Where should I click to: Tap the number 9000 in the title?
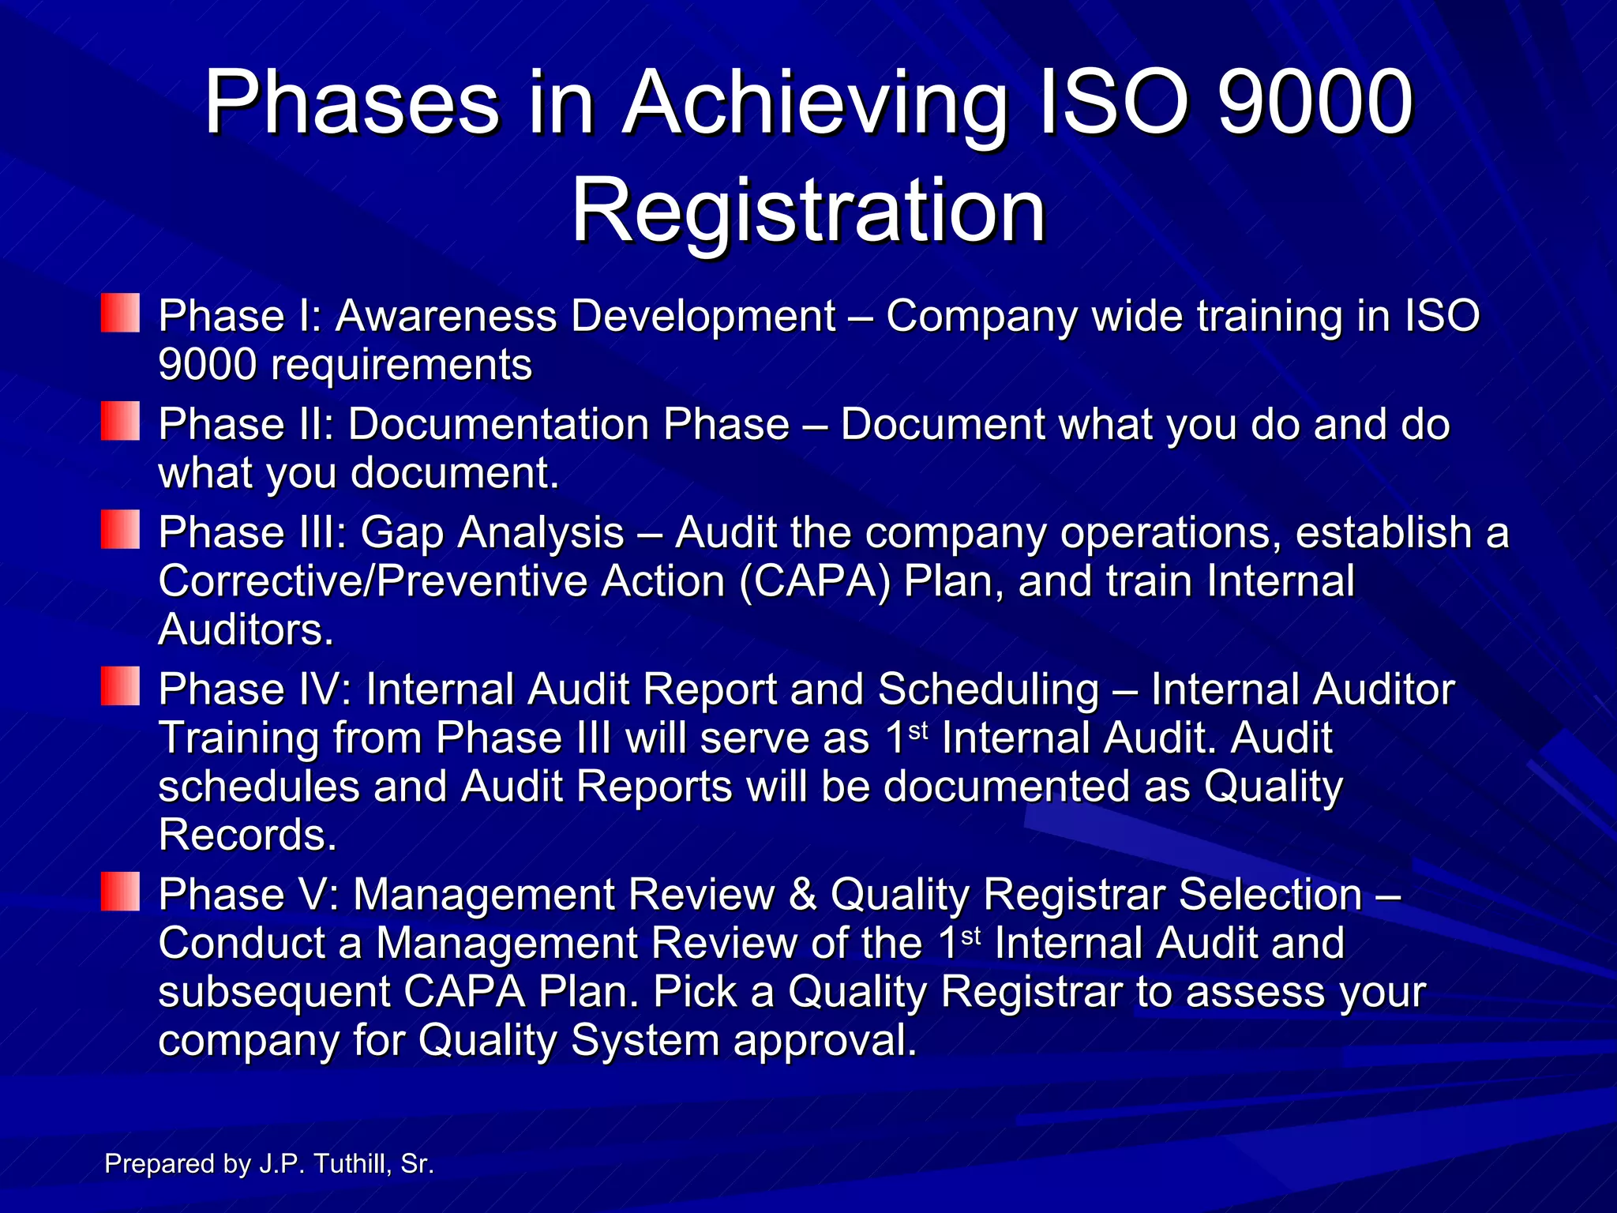[1315, 103]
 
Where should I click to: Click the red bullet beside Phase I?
[120, 313]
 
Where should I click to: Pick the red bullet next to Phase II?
[120, 421]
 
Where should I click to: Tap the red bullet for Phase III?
[120, 529]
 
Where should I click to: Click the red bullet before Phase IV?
[120, 685]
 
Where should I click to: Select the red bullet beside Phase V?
[120, 892]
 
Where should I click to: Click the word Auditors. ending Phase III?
[246, 630]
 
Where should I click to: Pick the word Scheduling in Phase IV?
[988, 689]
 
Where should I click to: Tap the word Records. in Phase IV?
[247, 836]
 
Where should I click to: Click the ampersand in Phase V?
[802, 895]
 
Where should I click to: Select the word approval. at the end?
[825, 1041]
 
